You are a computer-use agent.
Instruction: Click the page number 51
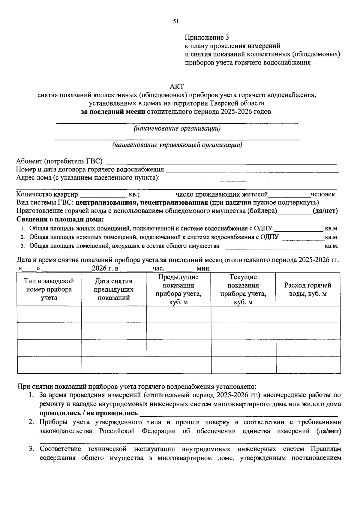[x=176, y=21]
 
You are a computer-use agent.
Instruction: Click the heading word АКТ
[x=177, y=86]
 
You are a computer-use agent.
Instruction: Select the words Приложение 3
[x=207, y=38]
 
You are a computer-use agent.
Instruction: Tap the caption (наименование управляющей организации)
[x=177, y=145]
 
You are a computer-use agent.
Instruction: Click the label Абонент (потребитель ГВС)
[x=59, y=161]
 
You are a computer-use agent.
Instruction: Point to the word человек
[x=323, y=194]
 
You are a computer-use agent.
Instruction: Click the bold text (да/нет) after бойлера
[x=325, y=211]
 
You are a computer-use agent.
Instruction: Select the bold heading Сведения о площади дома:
[x=60, y=219]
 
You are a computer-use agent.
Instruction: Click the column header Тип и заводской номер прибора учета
[x=49, y=289]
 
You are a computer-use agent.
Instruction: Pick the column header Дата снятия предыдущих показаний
[x=114, y=289]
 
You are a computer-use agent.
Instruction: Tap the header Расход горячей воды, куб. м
[x=308, y=289]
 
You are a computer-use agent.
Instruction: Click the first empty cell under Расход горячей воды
[x=308, y=315]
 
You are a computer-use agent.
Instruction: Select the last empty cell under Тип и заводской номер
[x=49, y=365]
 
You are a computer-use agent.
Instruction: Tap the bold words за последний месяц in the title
[x=113, y=112]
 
